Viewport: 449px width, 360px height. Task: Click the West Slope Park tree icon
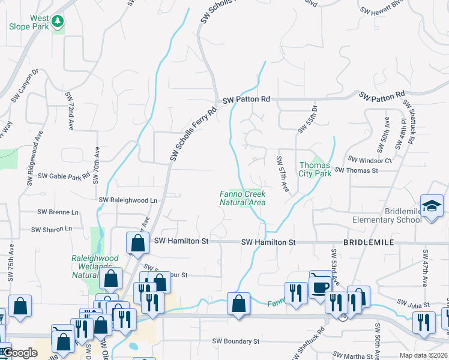click(58, 22)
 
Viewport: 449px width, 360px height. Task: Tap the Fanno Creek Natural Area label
click(243, 198)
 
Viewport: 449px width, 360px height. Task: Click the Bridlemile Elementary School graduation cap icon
click(432, 208)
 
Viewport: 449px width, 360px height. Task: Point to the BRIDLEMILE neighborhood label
click(368, 242)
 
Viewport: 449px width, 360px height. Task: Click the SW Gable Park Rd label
click(64, 177)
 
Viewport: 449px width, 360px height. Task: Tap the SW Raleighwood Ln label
click(128, 200)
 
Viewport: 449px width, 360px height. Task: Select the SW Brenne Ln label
click(58, 212)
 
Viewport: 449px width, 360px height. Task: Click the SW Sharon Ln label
click(55, 229)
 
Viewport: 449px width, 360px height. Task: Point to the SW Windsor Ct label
click(370, 160)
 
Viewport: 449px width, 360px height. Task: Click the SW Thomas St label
click(356, 170)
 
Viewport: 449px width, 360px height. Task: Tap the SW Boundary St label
click(235, 341)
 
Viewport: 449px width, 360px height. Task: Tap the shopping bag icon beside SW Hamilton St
click(137, 244)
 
